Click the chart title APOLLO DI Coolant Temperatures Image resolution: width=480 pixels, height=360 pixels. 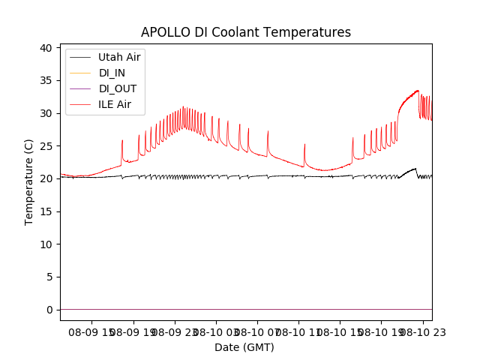pyautogui.click(x=246, y=32)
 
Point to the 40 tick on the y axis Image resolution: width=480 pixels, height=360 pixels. pyautogui.click(x=46, y=48)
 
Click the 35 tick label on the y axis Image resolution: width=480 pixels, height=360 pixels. pyautogui.click(x=46, y=80)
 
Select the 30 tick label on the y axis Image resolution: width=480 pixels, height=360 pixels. pyautogui.click(x=46, y=113)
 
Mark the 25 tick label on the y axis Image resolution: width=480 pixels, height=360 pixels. pyautogui.click(x=46, y=146)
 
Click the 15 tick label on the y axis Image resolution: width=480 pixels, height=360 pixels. pyautogui.click(x=46, y=211)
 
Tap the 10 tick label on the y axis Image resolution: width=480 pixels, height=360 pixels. pyautogui.click(x=46, y=244)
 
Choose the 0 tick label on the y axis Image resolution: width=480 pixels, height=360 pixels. pyautogui.click(x=49, y=310)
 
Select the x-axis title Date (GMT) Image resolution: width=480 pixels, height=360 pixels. pyautogui.click(x=244, y=347)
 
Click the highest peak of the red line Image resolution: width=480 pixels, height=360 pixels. pyautogui.click(x=418, y=91)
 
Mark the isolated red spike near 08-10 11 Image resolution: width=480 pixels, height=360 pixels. pyautogui.click(x=304, y=144)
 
